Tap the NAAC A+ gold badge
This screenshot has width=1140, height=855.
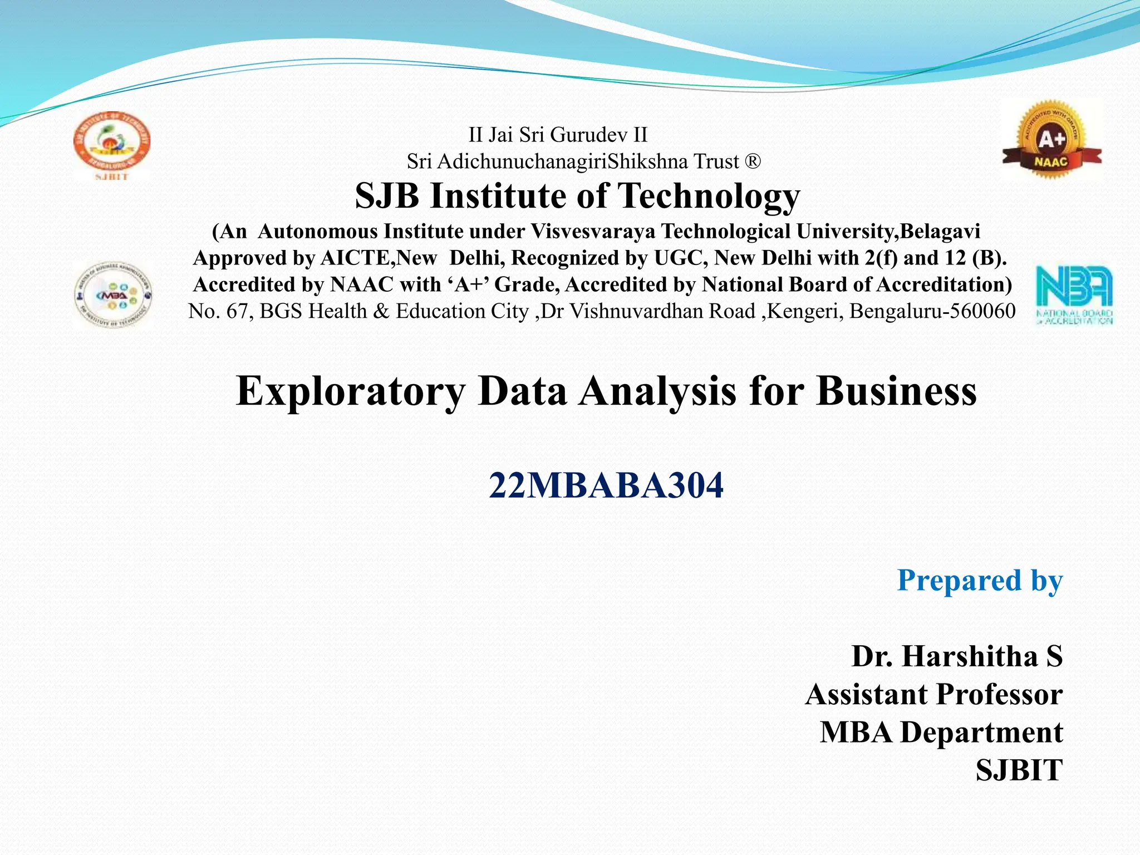(1051, 139)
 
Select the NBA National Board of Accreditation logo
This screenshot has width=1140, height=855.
(1074, 294)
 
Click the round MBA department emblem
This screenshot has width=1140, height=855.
(114, 294)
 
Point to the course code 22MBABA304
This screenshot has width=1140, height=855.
(606, 485)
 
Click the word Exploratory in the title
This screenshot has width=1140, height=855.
(350, 391)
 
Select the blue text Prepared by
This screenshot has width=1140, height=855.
(980, 581)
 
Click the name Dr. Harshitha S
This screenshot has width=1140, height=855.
(957, 656)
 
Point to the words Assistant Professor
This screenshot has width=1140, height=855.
(933, 695)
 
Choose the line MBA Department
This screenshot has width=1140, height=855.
(941, 733)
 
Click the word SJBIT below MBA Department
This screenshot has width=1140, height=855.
(1019, 770)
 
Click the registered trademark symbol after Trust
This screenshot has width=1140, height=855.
(752, 162)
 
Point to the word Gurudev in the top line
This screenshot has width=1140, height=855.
(596, 135)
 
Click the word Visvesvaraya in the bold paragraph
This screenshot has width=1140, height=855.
(593, 232)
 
